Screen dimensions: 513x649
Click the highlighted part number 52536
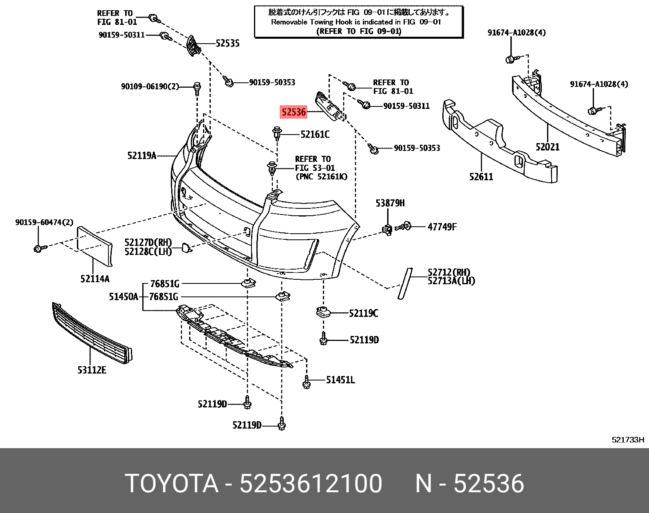pos(293,111)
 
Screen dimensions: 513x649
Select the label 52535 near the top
pos(227,43)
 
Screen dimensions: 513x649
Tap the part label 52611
pos(481,177)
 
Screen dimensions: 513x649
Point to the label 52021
pos(547,147)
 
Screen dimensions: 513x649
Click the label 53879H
pos(390,203)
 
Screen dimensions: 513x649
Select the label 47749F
pos(442,227)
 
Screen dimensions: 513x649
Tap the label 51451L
pos(340,380)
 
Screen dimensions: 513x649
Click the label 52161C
pos(315,134)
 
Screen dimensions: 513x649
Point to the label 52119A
pos(141,155)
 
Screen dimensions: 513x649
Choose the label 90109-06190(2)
pos(150,86)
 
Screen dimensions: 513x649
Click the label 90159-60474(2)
pos(44,222)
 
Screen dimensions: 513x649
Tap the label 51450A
pos(123,297)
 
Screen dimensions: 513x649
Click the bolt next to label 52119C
pos(322,312)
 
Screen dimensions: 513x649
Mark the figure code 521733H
pos(627,440)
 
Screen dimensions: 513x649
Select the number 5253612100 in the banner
pos(311,484)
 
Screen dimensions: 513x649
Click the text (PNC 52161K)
pos(321,177)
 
